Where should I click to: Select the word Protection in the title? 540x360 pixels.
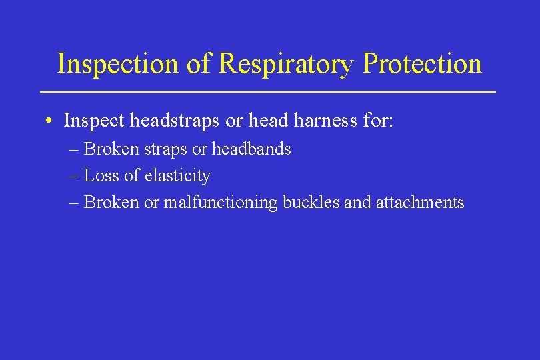tap(423, 64)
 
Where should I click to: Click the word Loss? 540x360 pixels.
tap(102, 176)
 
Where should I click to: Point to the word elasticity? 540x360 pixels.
tap(178, 176)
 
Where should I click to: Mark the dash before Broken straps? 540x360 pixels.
tap(75, 149)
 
